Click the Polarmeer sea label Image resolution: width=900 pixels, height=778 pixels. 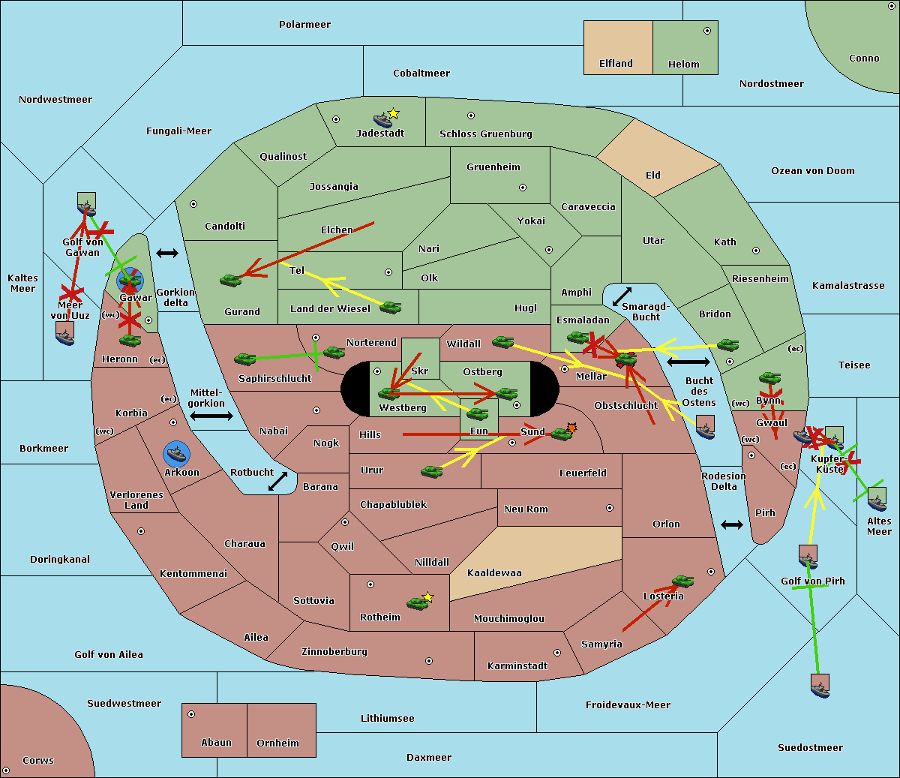point(304,25)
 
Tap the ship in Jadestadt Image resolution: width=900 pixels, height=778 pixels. point(382,120)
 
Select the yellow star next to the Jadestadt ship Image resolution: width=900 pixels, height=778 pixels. point(394,113)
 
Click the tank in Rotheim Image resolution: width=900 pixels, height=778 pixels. point(417,603)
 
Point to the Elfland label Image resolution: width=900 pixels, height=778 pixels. point(616,64)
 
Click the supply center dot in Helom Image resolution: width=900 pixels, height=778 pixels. point(707,31)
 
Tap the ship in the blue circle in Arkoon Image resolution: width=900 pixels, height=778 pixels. point(176,454)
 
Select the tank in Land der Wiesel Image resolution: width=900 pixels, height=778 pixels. point(390,308)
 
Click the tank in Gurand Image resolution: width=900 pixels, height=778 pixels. point(231,280)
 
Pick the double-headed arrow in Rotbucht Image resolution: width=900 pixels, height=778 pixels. point(277,481)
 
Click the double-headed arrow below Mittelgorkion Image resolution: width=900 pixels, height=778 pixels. point(211,416)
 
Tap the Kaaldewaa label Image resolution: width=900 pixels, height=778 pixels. point(494,573)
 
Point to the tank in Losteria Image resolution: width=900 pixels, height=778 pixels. point(682,581)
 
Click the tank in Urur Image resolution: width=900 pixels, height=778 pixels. point(431,472)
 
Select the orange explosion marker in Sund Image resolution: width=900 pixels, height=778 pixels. point(571,428)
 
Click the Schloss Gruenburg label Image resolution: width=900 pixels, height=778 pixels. point(486,134)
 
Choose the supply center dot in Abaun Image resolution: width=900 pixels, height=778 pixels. point(191,714)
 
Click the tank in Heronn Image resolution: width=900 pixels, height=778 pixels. point(130,340)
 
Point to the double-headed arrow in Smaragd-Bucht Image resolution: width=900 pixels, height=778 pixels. point(622,296)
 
